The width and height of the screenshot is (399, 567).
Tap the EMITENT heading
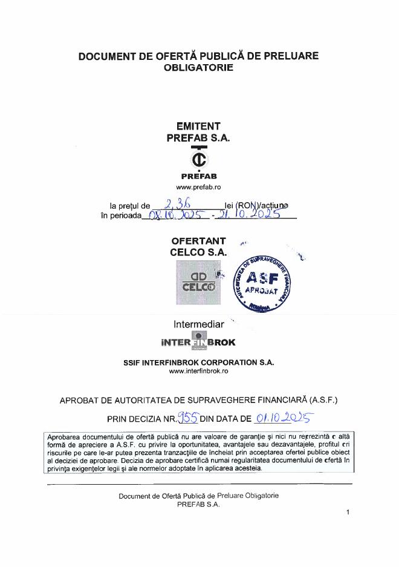[198, 126]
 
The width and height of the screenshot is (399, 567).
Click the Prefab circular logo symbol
[199, 159]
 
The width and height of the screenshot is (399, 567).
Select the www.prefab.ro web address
[199, 188]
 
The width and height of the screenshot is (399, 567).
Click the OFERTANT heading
[198, 241]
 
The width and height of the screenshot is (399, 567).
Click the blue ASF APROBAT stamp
[262, 282]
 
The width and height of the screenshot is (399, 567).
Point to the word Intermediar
[198, 324]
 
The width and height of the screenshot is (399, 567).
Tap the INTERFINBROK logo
[198, 341]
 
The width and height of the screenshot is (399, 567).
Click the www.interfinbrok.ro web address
[198, 371]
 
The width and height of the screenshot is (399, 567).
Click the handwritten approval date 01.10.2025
[282, 417]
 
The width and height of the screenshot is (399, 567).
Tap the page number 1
[348, 513]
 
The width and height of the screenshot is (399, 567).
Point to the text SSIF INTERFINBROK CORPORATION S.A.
[198, 362]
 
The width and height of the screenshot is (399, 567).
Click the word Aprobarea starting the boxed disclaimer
[65, 436]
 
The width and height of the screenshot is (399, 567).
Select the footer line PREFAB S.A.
[198, 503]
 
